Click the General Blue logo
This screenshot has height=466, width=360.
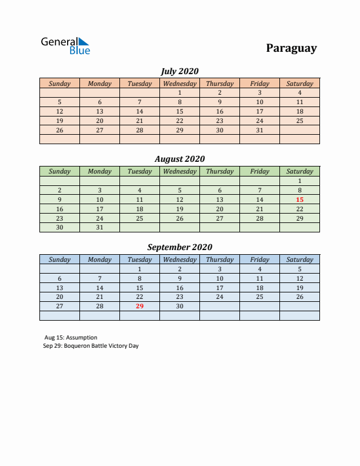[x=65, y=45]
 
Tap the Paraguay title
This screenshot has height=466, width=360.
[x=291, y=48]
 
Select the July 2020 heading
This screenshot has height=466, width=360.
[x=179, y=71]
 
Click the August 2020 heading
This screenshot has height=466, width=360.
[x=179, y=159]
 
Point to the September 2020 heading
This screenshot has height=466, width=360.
[x=179, y=247]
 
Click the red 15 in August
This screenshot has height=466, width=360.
[x=299, y=199]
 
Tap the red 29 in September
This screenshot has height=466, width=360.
[x=139, y=306]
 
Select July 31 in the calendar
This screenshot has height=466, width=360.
[x=259, y=130]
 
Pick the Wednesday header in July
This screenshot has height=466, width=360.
[x=179, y=84]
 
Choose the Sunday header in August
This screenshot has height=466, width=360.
[x=59, y=171]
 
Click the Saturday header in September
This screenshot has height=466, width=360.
[x=299, y=259]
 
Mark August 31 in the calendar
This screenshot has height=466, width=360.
[x=99, y=227]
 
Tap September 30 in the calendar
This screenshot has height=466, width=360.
[x=179, y=306]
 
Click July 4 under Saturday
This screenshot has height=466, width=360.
[x=299, y=92]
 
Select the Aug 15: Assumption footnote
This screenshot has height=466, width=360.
[x=71, y=338]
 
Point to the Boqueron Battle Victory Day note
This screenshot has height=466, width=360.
[x=91, y=346]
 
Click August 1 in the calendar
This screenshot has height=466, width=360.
[x=299, y=181]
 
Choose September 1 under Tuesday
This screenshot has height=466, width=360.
[x=139, y=269]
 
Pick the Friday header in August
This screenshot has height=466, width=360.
[x=259, y=171]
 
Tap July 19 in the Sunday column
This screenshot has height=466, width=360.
[x=59, y=121]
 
